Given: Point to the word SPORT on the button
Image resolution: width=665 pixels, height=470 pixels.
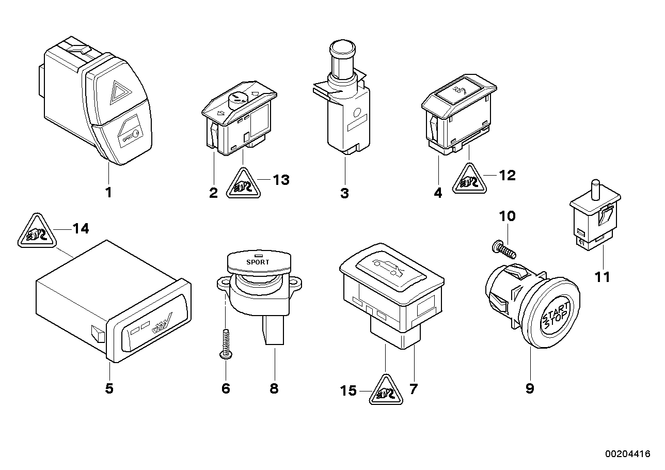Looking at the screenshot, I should tap(258, 262).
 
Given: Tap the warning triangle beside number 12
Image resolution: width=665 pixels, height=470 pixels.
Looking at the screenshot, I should tap(469, 179).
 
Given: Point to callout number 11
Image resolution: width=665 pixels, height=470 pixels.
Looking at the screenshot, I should tap(601, 277).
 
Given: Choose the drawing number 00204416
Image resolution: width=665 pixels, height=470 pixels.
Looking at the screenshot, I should tap(627, 454).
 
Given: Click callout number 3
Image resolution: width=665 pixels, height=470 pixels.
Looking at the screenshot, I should tap(344, 194).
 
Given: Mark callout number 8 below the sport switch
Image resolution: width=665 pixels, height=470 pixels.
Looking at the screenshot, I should tap(274, 388).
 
